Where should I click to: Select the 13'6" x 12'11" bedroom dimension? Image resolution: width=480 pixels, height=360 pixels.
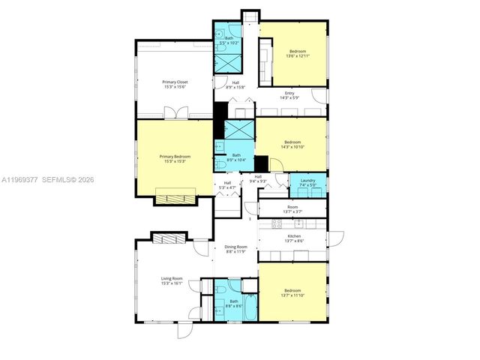click(293, 55)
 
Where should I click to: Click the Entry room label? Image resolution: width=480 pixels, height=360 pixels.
click(289, 93)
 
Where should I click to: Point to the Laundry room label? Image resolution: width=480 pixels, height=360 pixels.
click(307, 180)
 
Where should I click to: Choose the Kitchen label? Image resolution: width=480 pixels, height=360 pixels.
click(293, 236)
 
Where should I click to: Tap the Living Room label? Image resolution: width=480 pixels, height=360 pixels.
click(172, 279)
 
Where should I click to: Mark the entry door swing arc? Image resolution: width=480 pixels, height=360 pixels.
click(320, 96)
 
